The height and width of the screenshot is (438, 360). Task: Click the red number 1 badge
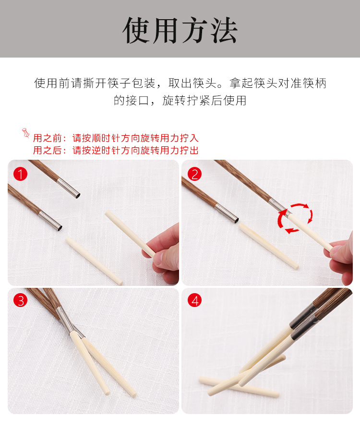pyautogui.click(x=21, y=174)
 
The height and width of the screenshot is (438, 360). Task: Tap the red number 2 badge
pyautogui.click(x=194, y=174)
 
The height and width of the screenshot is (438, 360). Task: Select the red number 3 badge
pyautogui.click(x=21, y=300)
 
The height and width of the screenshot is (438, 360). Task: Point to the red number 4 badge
pyautogui.click(x=194, y=300)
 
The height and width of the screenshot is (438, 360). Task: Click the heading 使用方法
pyautogui.click(x=180, y=30)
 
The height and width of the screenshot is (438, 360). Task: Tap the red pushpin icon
pyautogui.click(x=26, y=133)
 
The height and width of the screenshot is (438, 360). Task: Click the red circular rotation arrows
pyautogui.click(x=295, y=218)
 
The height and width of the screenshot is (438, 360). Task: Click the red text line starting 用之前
pyautogui.click(x=115, y=138)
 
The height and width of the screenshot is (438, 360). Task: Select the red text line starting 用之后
pyautogui.click(x=115, y=150)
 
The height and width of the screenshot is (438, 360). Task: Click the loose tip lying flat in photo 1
pyautogui.click(x=94, y=260)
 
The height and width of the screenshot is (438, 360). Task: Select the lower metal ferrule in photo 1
pyautogui.click(x=50, y=221)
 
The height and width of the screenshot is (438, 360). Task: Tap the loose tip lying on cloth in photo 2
pyautogui.click(x=269, y=246)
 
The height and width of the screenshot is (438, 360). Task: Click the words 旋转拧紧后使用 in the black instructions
pyautogui.click(x=204, y=101)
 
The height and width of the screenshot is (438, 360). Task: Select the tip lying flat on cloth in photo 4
pyautogui.click(x=239, y=386)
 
